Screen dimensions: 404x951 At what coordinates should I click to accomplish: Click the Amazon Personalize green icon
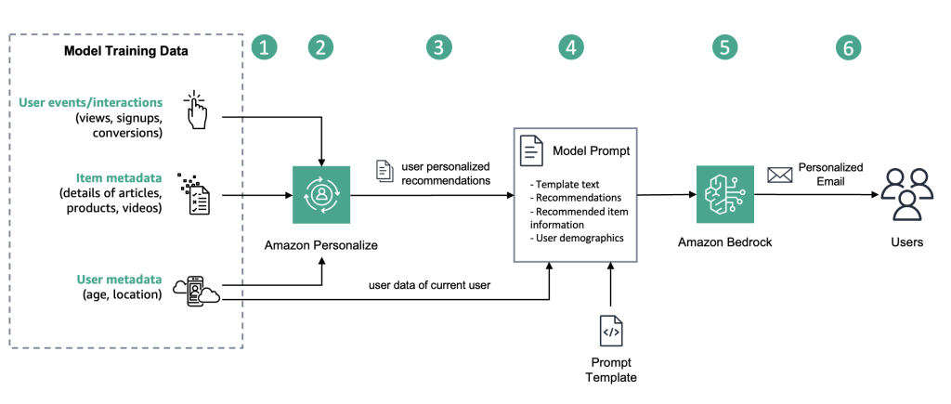tap(321, 195)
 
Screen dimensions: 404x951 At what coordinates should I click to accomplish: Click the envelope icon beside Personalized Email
tap(778, 175)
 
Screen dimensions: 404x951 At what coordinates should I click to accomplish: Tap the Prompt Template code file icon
tap(610, 331)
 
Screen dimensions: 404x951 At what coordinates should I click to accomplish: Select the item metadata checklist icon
tap(195, 195)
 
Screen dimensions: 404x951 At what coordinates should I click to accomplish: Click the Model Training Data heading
tap(125, 51)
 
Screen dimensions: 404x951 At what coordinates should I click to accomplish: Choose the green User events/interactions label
tap(91, 102)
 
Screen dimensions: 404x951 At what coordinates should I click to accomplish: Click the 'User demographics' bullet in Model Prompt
tap(577, 238)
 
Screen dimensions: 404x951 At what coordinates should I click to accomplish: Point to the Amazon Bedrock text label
tap(725, 242)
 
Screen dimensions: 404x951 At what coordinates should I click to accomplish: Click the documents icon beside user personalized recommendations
tap(384, 171)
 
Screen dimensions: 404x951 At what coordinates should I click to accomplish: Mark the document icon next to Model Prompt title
tap(531, 150)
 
